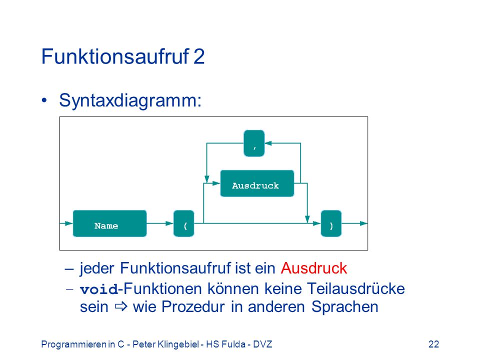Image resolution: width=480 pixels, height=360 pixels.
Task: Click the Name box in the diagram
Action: tap(109, 223)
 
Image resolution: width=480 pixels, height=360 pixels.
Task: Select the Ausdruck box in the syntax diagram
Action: tap(257, 183)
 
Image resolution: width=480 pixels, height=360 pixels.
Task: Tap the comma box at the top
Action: tap(254, 143)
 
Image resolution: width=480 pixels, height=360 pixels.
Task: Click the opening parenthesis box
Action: tap(183, 223)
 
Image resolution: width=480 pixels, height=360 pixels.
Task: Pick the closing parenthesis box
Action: tap(331, 223)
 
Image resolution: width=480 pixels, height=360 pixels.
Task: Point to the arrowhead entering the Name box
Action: tap(69, 223)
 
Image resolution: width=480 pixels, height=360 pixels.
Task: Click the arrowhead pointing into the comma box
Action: tap(268, 143)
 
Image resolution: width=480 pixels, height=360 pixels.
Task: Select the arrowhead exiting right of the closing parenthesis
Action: tap(363, 223)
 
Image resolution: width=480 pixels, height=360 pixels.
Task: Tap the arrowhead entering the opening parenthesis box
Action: tap(169, 223)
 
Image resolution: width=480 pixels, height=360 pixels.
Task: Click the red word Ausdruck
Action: tap(314, 268)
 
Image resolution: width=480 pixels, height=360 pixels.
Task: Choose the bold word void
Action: tap(99, 289)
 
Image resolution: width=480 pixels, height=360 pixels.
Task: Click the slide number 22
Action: tap(434, 344)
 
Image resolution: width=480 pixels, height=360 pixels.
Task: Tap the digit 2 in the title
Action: tap(199, 56)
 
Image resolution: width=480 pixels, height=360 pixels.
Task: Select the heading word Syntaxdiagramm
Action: tap(130, 100)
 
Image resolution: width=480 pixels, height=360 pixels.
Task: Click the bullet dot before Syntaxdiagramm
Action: tap(44, 100)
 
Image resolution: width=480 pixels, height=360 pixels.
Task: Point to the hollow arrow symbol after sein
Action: tap(121, 306)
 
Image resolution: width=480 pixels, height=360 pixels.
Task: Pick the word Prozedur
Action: tap(193, 306)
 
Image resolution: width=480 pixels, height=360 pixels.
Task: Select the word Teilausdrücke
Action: tap(355, 288)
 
